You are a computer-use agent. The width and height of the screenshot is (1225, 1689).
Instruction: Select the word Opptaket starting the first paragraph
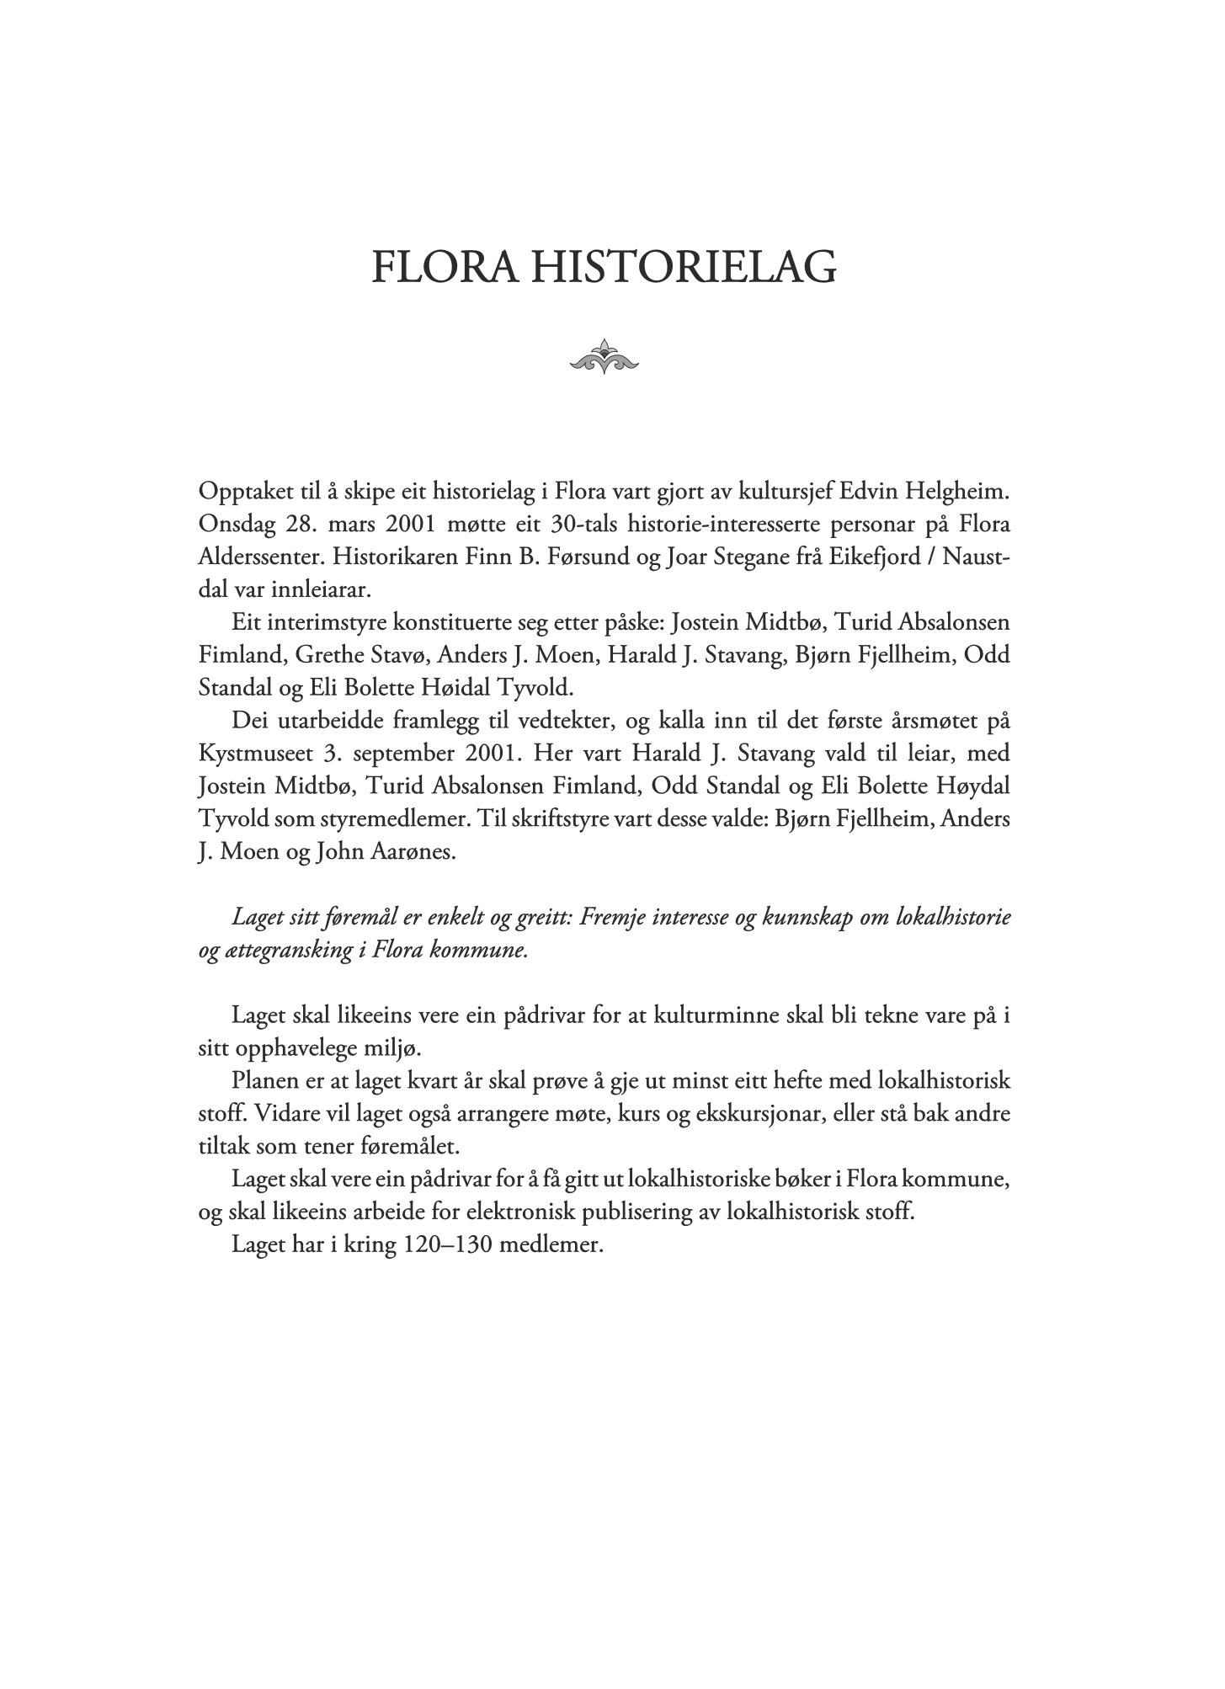pyautogui.click(x=244, y=491)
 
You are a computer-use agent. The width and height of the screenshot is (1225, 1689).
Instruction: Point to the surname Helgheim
pyautogui.click(x=959, y=491)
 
